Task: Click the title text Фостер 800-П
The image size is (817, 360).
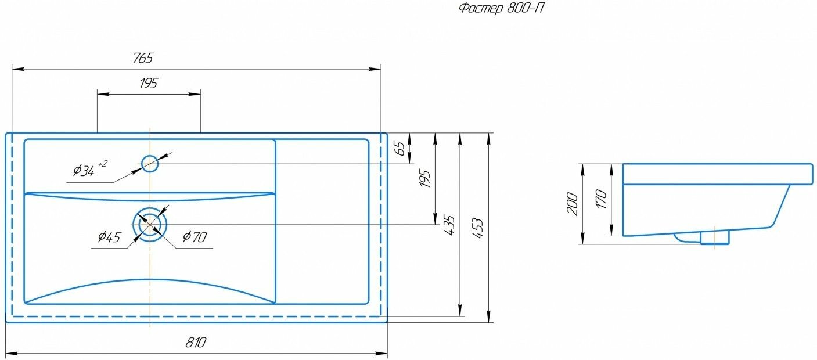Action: click(501, 8)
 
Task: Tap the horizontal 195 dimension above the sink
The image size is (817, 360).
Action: click(149, 83)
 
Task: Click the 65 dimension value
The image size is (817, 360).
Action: click(399, 147)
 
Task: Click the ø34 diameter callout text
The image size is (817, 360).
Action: click(84, 170)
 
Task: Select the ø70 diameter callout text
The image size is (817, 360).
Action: click(195, 236)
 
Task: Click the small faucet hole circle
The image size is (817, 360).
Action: click(150, 164)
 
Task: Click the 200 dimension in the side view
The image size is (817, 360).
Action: click(573, 204)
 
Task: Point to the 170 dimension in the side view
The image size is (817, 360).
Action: click(601, 200)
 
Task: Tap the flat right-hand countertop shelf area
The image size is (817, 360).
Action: click(322, 221)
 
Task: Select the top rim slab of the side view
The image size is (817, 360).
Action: click(717, 174)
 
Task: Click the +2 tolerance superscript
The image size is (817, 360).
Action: click(102, 164)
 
